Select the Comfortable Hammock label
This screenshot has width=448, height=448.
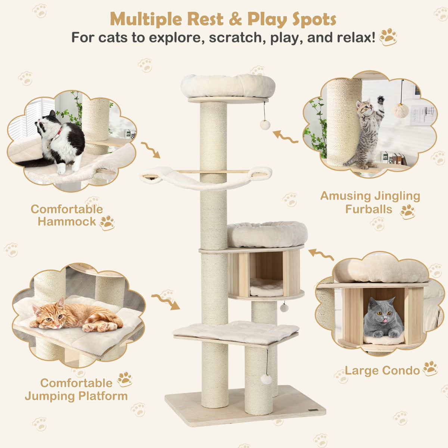66,215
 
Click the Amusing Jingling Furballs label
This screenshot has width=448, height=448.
370,202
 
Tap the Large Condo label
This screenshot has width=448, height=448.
382,370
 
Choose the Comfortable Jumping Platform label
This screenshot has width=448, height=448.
76,389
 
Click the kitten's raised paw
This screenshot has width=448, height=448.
380,100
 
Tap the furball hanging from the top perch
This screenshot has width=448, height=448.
265,125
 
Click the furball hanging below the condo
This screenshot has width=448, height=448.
284,308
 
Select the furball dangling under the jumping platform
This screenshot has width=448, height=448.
266,379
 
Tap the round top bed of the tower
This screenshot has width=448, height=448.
228,86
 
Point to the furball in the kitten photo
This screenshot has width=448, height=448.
401,110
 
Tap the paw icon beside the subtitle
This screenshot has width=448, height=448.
388,37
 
